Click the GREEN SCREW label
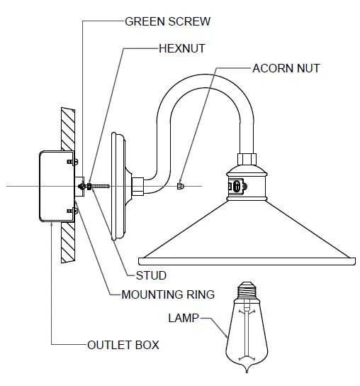pyautogui.click(x=167, y=21)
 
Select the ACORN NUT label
pyautogui.click(x=286, y=69)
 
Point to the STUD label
pyautogui.click(x=151, y=275)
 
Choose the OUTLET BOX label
pyautogui.click(x=123, y=346)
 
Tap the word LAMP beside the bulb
pyautogui.click(x=184, y=318)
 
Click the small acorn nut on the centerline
pyautogui.click(x=181, y=186)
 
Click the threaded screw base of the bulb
pyautogui.click(x=247, y=292)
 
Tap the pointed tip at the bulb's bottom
pyautogui.click(x=247, y=375)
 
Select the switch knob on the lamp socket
pyautogui.click(x=235, y=187)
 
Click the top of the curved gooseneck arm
pyautogui.click(x=204, y=79)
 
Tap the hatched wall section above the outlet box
pyautogui.click(x=68, y=128)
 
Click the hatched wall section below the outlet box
pyautogui.click(x=68, y=245)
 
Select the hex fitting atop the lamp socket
pyautogui.click(x=247, y=158)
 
